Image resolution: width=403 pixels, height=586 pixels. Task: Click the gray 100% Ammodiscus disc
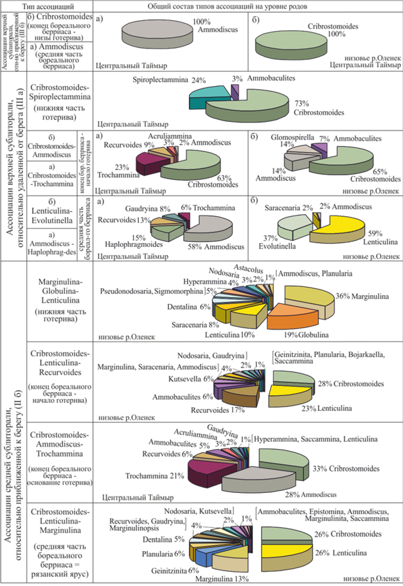click(157, 32)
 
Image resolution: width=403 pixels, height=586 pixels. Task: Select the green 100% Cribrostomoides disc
click(291, 43)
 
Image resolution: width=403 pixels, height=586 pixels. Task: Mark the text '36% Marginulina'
click(362, 296)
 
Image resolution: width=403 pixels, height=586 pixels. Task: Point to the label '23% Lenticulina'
click(327, 408)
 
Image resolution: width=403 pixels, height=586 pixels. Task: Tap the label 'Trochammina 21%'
click(155, 476)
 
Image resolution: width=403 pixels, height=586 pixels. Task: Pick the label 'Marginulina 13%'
click(222, 579)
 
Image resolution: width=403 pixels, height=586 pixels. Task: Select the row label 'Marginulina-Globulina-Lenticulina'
click(60, 291)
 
